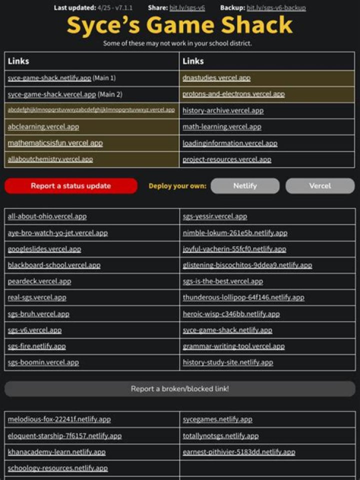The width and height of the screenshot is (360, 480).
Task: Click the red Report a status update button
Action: (70, 186)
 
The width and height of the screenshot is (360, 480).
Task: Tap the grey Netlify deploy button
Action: (245, 186)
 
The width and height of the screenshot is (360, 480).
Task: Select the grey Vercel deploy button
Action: (320, 186)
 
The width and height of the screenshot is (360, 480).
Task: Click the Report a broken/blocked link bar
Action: (180, 388)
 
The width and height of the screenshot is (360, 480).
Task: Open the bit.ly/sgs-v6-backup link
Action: (276, 8)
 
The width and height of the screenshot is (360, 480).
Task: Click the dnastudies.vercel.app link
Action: (216, 78)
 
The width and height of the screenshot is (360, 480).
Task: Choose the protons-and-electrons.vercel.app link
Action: (233, 94)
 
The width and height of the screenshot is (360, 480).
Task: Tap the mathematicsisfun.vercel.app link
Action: (55, 143)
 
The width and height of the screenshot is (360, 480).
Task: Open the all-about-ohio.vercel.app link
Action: (47, 216)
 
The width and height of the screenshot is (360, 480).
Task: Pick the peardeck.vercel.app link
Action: (39, 281)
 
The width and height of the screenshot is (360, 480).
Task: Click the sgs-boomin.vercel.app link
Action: (43, 362)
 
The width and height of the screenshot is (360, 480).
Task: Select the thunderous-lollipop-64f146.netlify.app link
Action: (243, 297)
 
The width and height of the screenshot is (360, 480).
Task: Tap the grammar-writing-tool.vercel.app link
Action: (233, 346)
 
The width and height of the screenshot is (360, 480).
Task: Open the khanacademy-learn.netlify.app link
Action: (56, 452)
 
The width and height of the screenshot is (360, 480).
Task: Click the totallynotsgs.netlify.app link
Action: (220, 436)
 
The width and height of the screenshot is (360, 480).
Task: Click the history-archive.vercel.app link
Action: (223, 110)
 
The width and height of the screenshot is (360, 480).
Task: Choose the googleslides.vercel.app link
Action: (44, 249)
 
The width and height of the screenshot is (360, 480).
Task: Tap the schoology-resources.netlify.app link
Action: (57, 468)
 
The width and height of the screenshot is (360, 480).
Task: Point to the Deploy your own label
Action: (177, 186)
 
